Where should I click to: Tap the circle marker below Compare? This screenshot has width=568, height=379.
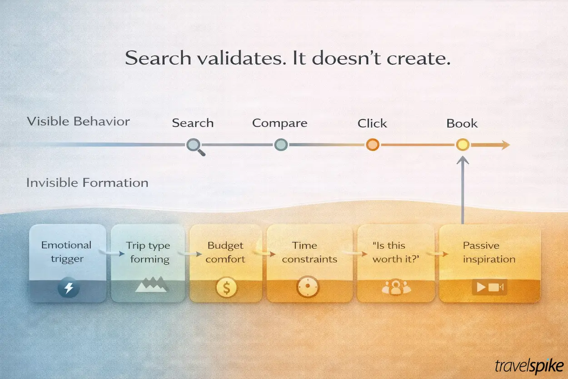tap(281, 145)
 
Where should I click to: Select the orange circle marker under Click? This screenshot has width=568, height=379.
tap(373, 145)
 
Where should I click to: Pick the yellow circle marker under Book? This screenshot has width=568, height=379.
tap(463, 145)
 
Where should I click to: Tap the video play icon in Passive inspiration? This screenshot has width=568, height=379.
tap(489, 288)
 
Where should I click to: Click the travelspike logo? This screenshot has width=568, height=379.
tap(529, 366)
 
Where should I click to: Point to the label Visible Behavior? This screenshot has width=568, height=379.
tap(78, 121)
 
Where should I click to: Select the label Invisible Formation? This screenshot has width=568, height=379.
tap(87, 183)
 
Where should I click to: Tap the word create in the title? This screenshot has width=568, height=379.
tap(418, 58)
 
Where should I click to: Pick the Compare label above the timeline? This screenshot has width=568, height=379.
tap(279, 123)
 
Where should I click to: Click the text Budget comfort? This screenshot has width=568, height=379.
tap(226, 253)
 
